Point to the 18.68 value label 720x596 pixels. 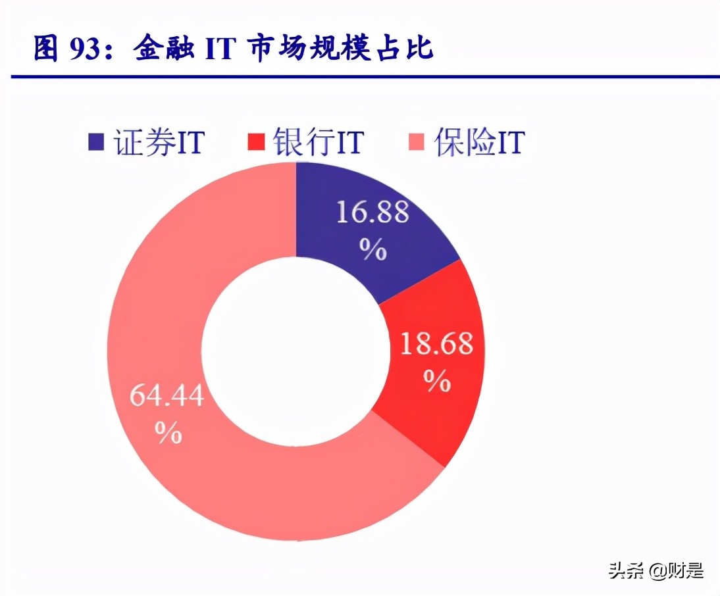pos(437,344)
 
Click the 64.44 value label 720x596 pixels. pos(167,397)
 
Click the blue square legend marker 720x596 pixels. pos(96,140)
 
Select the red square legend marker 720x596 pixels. pos(257,140)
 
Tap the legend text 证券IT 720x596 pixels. pos(158,141)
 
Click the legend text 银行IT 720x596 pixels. pos(319,141)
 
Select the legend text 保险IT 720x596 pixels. pos(478,141)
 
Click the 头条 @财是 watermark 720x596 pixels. pos(656,570)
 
